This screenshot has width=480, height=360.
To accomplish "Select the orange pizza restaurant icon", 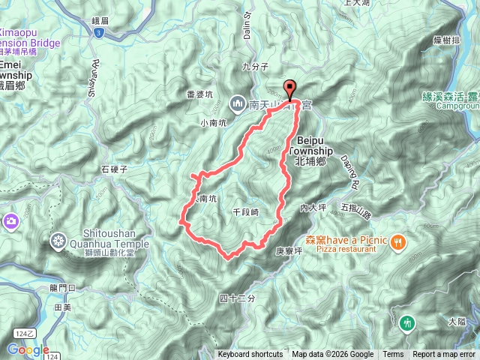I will [398, 241].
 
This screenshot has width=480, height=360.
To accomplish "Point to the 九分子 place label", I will [255, 67].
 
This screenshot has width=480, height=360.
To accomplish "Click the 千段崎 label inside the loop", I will [245, 212].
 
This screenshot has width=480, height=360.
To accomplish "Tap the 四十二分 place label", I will [238, 298].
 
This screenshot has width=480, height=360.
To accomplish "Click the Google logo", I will [28, 349].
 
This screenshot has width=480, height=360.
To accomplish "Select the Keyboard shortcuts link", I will [250, 355].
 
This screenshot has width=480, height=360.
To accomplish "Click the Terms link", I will [393, 355].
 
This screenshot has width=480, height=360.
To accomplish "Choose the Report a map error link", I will [445, 355].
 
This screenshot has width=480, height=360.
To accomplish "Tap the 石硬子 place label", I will [115, 169].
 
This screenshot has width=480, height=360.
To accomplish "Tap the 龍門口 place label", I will [64, 288].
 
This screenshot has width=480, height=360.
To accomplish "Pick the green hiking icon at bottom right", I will [407, 322].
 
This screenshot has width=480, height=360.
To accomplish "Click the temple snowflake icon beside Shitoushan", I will [58, 241].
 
